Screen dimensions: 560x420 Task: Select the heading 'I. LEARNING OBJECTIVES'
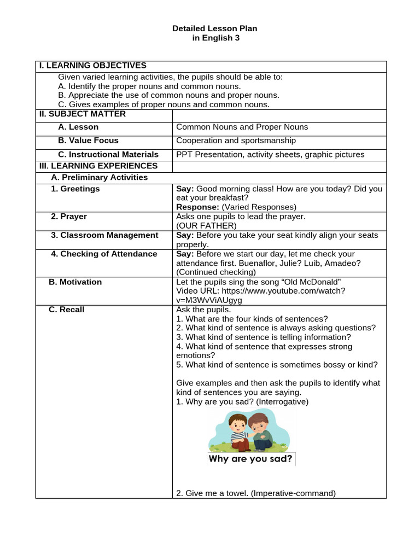click(92, 66)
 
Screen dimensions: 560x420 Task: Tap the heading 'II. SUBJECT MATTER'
click(82, 114)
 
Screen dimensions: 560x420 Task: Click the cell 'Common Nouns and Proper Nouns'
click(242, 127)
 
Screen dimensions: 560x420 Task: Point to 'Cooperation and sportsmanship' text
click(236, 141)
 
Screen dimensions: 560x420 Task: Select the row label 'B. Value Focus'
click(88, 141)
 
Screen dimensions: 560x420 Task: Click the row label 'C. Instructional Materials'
click(108, 154)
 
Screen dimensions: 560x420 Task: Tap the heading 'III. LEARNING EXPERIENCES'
click(98, 166)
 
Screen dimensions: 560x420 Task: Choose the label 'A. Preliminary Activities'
click(99, 178)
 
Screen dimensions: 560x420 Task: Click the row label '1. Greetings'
click(75, 189)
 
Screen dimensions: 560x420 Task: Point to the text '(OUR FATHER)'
click(206, 225)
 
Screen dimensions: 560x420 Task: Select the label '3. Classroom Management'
click(104, 235)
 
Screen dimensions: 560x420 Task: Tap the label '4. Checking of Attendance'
click(104, 254)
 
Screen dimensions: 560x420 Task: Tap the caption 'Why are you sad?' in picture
click(250, 458)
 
